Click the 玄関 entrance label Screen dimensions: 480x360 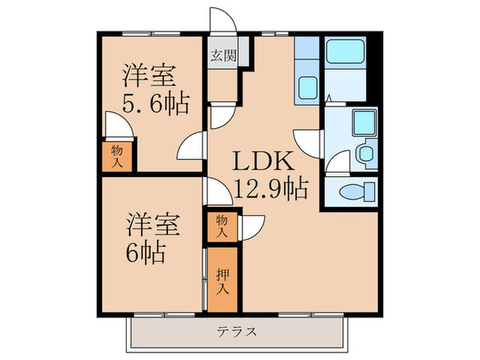(224, 56)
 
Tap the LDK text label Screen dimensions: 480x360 (263, 161)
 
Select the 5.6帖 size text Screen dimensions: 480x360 (156, 103)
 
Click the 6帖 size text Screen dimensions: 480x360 (147, 253)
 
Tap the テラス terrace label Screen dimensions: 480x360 (237, 331)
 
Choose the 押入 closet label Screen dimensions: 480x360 (223, 281)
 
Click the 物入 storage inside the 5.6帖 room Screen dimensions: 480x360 (117, 156)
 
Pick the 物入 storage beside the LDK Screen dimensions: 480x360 (222, 226)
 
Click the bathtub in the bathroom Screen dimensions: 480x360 (345, 51)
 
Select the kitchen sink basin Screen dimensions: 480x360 (307, 88)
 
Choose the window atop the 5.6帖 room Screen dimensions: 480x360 (152, 34)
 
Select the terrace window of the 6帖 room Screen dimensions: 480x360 (165, 315)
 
